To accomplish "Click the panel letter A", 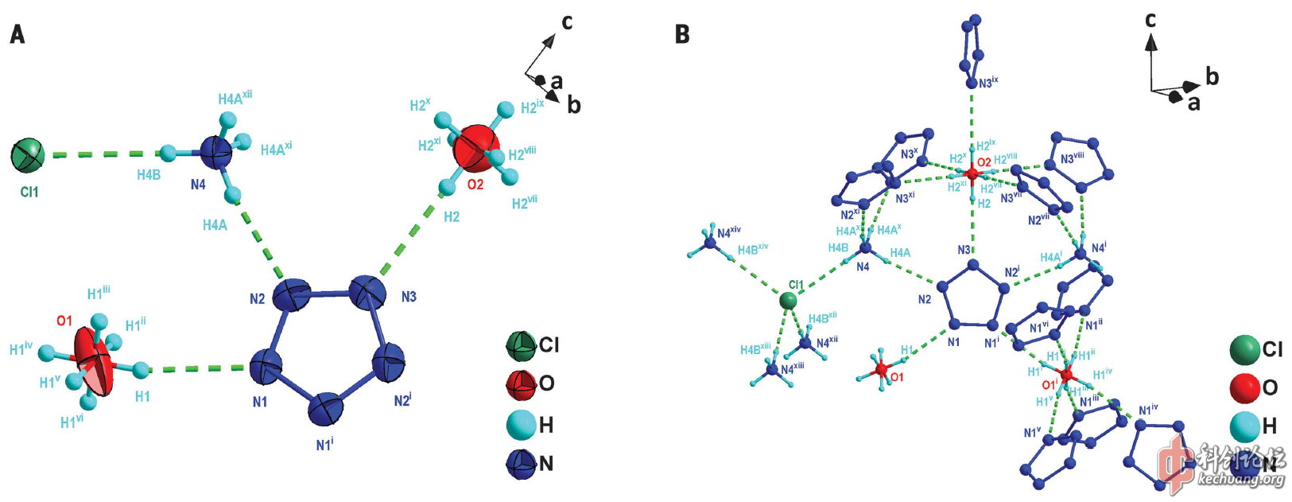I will click(17, 34).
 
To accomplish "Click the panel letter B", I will click(681, 34).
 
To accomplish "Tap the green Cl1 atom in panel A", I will click(28, 155).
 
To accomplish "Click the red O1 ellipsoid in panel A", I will click(94, 362).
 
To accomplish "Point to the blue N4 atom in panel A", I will click(215, 150).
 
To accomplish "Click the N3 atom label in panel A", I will click(409, 297).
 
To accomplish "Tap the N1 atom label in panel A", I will click(260, 402).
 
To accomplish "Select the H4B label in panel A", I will click(149, 175).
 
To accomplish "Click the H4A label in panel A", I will click(215, 225).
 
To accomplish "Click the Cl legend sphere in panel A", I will click(522, 344).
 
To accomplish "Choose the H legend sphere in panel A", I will click(522, 424).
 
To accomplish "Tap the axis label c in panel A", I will click(567, 21).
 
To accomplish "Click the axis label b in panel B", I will click(1212, 76).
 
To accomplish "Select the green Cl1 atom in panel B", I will click(788, 300).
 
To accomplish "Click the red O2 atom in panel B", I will click(972, 173).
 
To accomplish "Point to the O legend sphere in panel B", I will click(1245, 387).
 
